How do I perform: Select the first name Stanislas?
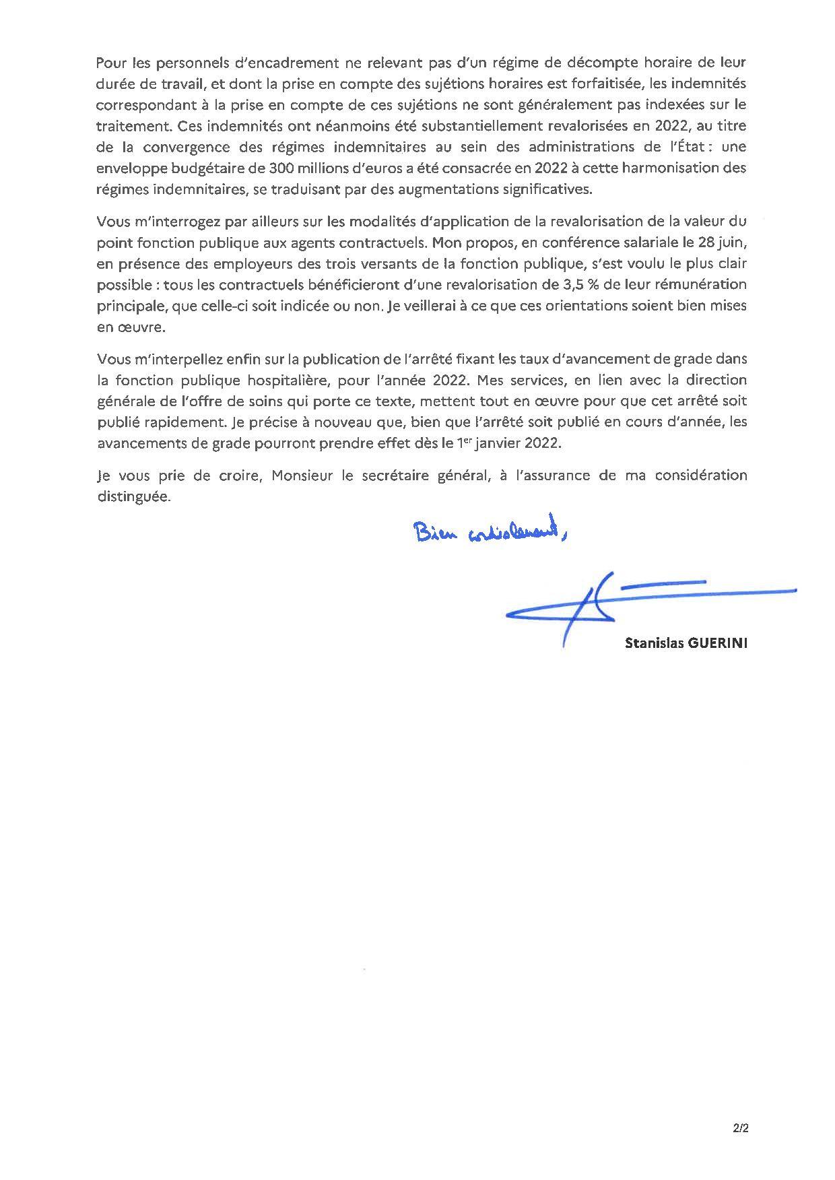pyautogui.click(x=655, y=643)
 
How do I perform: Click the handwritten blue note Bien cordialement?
pyautogui.click(x=491, y=533)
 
